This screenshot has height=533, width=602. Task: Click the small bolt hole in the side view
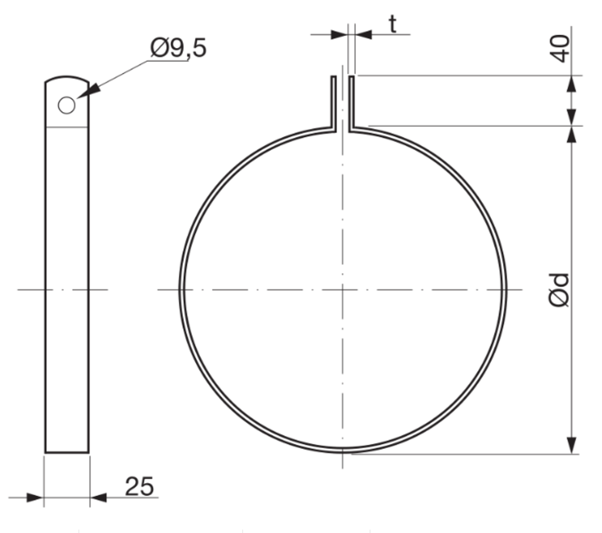click(x=66, y=105)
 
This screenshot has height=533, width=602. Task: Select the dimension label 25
click(x=139, y=487)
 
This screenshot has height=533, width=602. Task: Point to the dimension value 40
click(x=561, y=48)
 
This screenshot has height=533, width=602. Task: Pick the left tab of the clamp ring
click(x=333, y=101)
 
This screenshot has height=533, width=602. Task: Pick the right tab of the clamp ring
click(x=351, y=101)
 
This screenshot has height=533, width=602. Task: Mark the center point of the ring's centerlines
click(x=342, y=289)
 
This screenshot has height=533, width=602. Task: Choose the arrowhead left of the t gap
click(x=339, y=35)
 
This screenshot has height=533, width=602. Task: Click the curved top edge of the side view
click(x=67, y=77)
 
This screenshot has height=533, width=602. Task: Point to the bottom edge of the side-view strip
click(x=67, y=452)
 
